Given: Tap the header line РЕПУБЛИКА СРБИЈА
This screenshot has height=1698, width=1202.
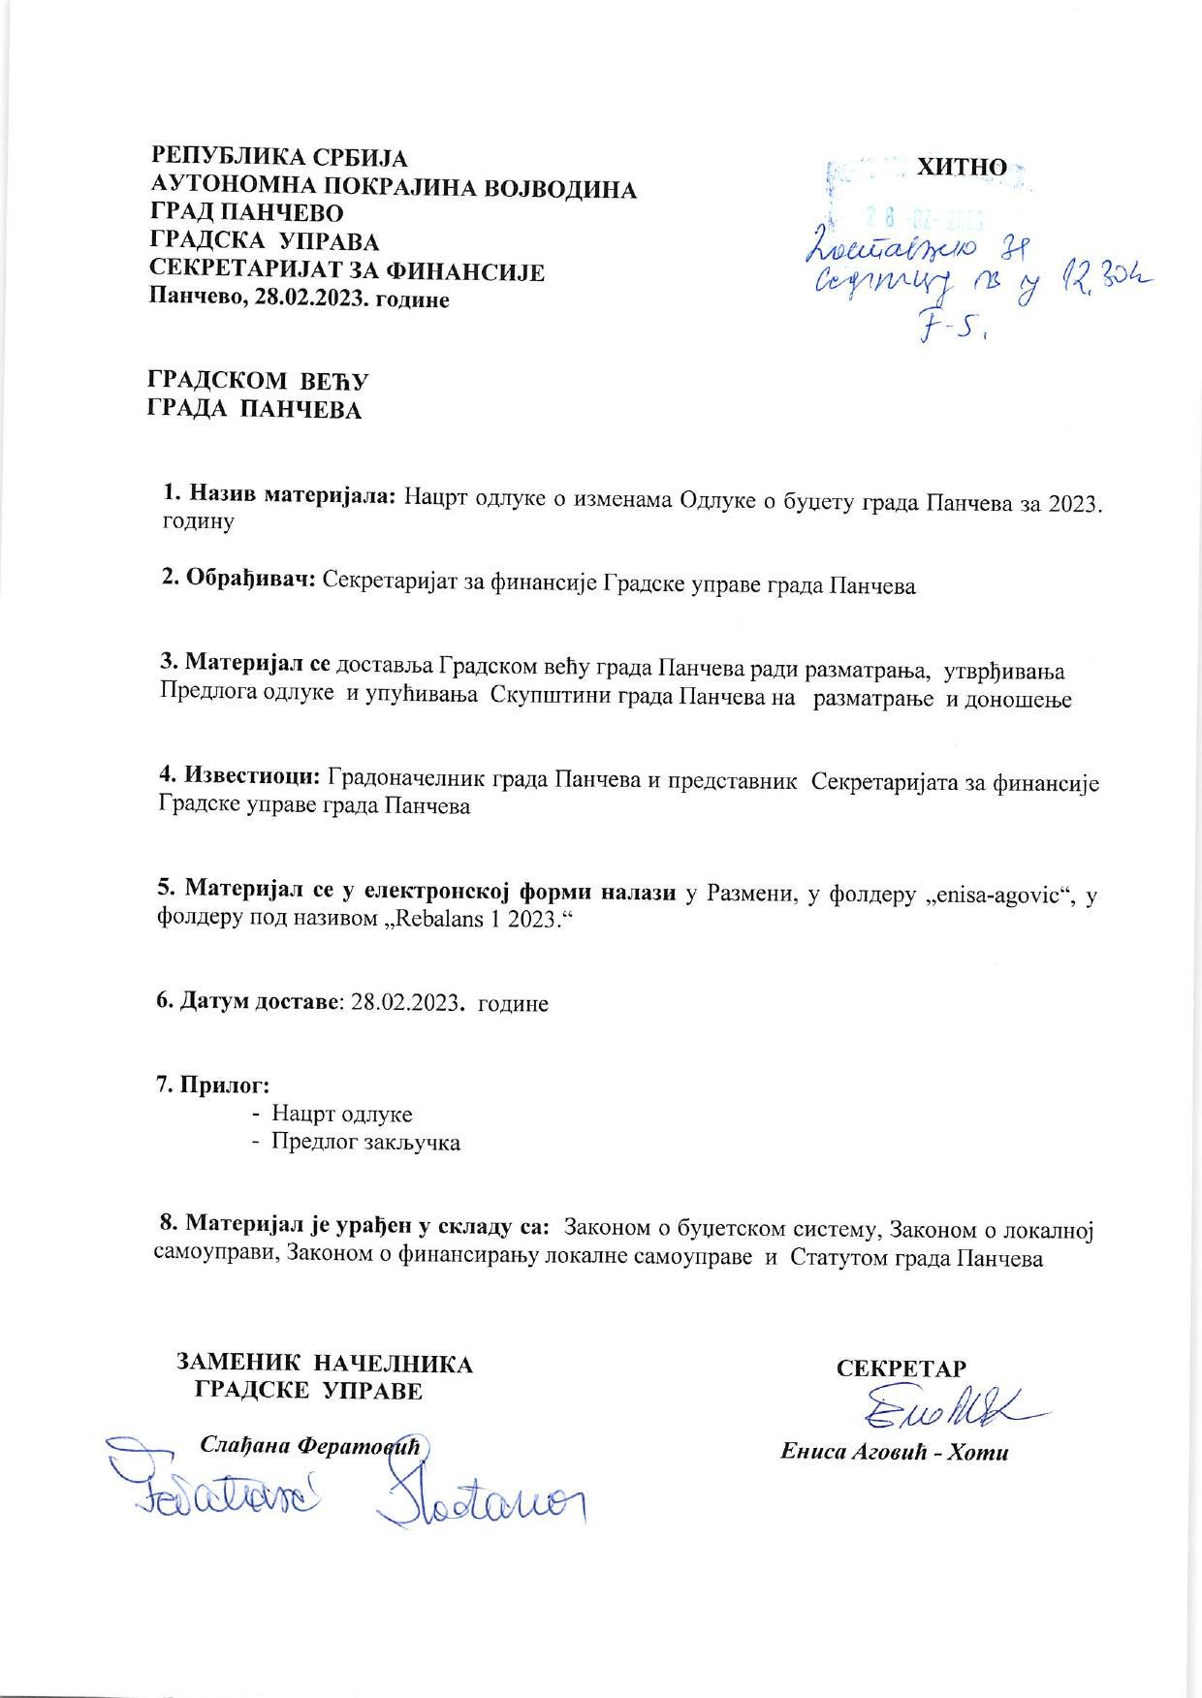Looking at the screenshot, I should (x=279, y=158).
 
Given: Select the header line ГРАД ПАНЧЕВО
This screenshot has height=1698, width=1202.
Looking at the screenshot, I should (x=247, y=213).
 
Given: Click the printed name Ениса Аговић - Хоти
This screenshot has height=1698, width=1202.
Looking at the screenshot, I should (x=895, y=1453).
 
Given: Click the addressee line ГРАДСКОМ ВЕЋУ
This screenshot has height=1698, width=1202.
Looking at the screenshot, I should (x=257, y=381).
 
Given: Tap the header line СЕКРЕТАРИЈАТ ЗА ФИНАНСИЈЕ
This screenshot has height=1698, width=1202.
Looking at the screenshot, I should (x=347, y=272).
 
